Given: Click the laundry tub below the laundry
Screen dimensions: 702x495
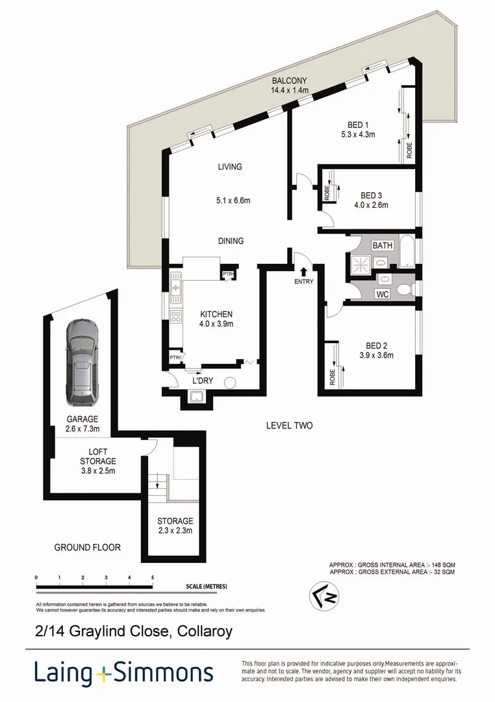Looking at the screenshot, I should [196, 397].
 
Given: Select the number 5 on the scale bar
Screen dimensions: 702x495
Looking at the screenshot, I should [152, 577].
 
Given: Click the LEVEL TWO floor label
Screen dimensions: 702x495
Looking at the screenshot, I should [289, 426].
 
